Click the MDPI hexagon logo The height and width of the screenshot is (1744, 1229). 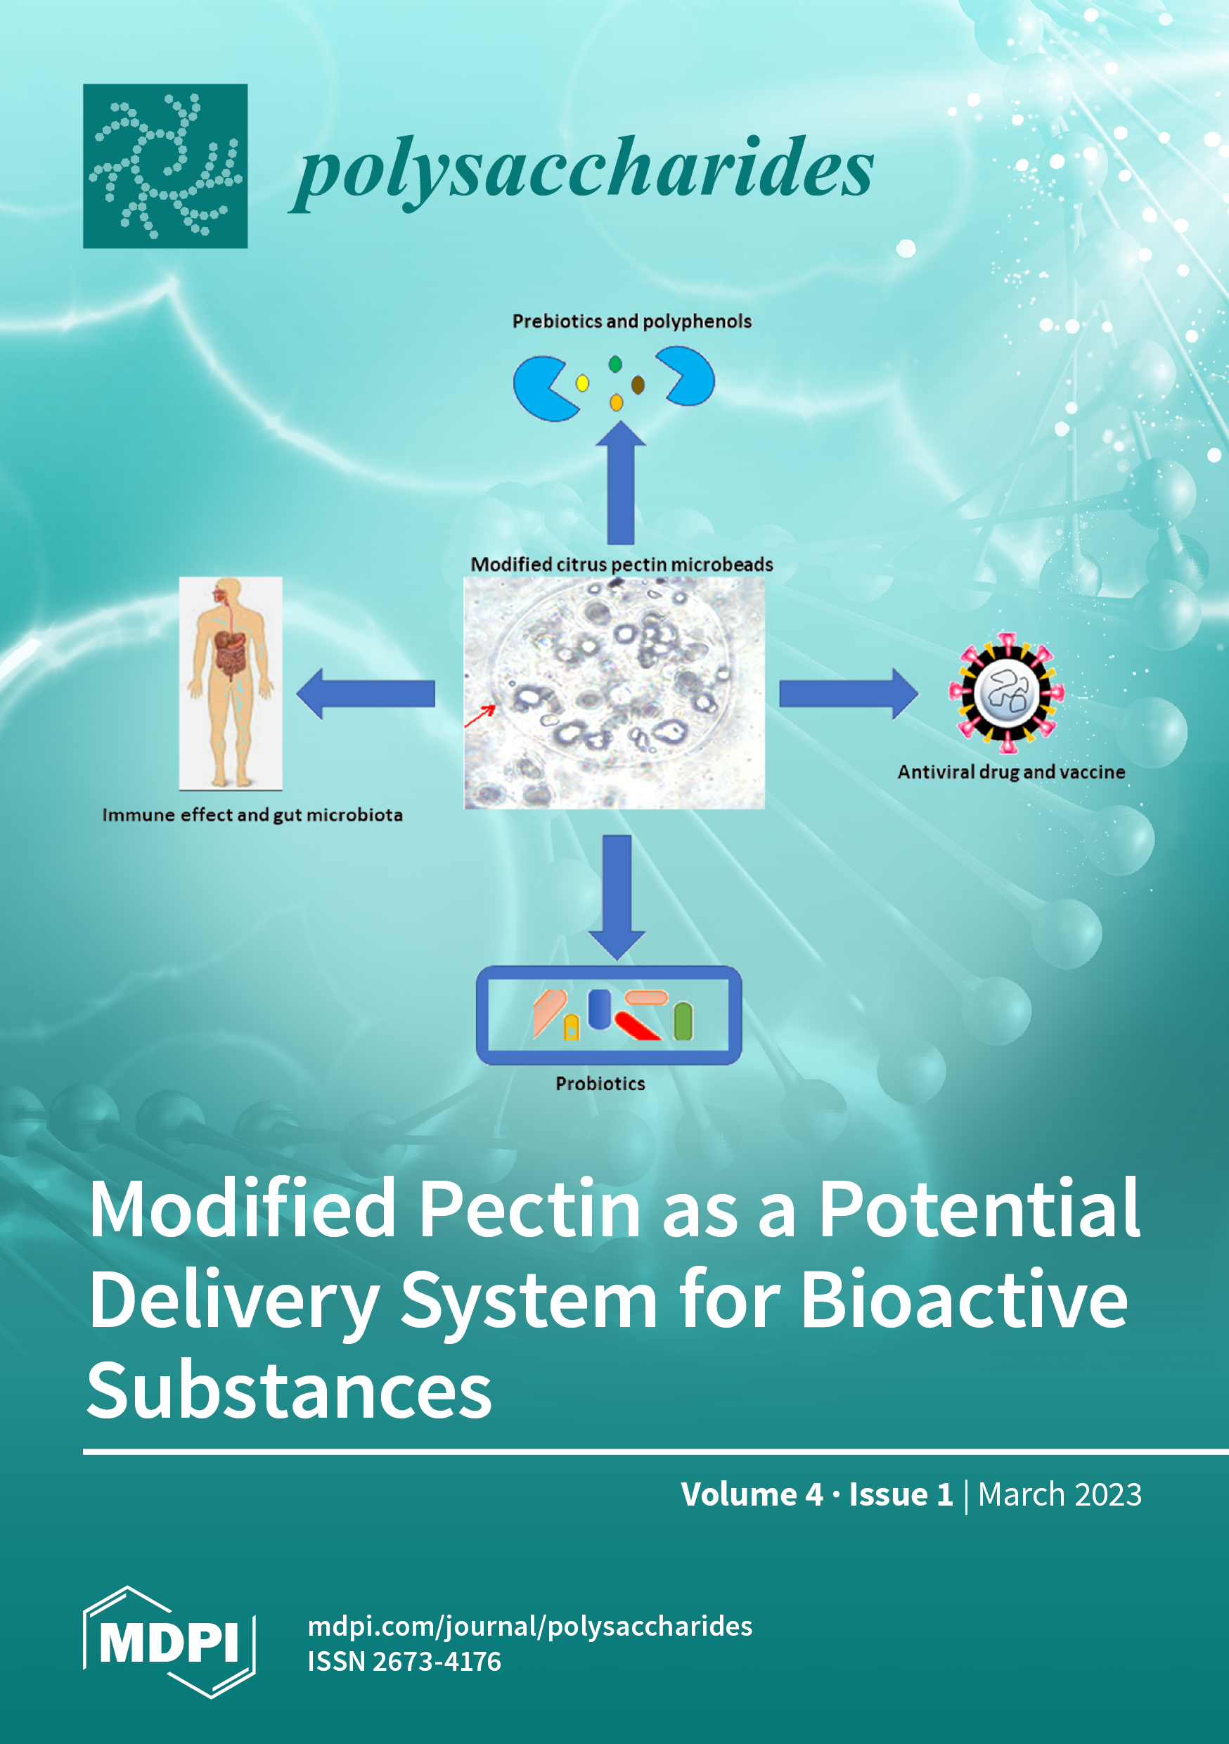tap(169, 1641)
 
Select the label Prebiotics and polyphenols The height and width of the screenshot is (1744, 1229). tap(631, 321)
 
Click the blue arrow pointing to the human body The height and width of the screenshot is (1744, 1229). tap(366, 693)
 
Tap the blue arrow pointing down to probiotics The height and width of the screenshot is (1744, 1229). tap(617, 897)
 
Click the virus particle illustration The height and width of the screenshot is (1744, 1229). tap(1006, 693)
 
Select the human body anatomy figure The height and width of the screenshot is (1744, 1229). tap(231, 682)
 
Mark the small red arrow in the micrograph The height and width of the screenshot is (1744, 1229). tap(480, 715)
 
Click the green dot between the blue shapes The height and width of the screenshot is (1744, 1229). tap(615, 364)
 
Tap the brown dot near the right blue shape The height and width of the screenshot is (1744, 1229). tap(638, 385)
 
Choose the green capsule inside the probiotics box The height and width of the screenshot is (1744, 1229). tap(683, 1021)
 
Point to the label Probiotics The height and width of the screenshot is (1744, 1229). tap(600, 1083)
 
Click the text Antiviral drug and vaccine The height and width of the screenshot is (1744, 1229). tap(1011, 771)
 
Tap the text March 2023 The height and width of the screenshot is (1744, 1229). tap(1060, 1494)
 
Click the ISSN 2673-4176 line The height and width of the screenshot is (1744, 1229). tap(404, 1661)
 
